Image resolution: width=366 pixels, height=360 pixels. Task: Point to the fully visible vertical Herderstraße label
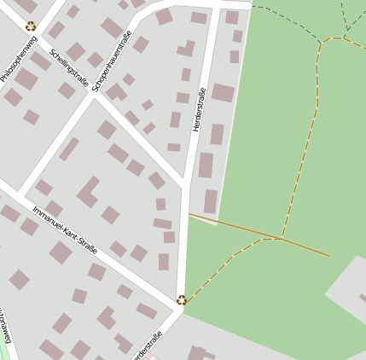tap(200, 109)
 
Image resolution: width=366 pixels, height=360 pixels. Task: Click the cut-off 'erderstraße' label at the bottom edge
tap(148, 345)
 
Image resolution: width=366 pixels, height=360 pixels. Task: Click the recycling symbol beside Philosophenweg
tap(31, 26)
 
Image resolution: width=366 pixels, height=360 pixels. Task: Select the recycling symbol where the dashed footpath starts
tap(181, 299)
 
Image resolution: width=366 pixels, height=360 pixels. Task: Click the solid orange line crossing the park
tap(239, 227)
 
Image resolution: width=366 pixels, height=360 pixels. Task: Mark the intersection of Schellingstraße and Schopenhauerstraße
tap(104, 93)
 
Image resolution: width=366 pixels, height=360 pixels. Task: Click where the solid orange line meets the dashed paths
tap(281, 239)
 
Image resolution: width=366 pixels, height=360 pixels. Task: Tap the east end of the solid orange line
tap(328, 255)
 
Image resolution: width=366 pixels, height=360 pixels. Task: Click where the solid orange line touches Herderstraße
tap(190, 213)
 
